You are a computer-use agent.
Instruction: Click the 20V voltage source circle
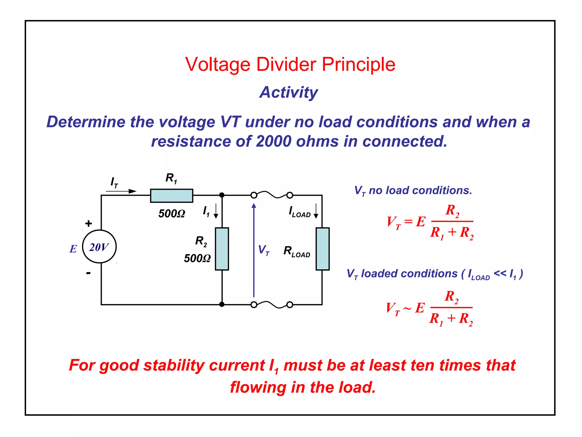point(99,246)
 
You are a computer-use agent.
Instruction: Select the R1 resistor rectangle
point(171,196)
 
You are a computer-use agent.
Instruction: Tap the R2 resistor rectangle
point(222,249)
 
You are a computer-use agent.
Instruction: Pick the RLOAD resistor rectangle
point(322,249)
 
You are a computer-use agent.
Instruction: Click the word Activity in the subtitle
point(288,92)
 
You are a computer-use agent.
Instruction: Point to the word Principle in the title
point(358,64)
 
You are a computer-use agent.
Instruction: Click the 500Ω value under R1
point(172,213)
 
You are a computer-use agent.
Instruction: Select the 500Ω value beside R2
point(197,258)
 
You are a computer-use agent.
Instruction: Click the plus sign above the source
point(89,223)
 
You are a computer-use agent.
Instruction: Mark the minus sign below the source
point(88,273)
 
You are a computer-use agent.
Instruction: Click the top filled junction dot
point(222,195)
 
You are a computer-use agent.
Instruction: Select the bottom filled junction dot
point(222,304)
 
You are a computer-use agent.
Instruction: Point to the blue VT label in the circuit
point(263,250)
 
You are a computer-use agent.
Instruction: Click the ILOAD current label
point(299,212)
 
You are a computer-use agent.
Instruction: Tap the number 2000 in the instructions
point(273,141)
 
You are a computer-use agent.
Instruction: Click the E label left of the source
point(73,249)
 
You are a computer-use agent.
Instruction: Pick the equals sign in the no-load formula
point(408,221)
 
